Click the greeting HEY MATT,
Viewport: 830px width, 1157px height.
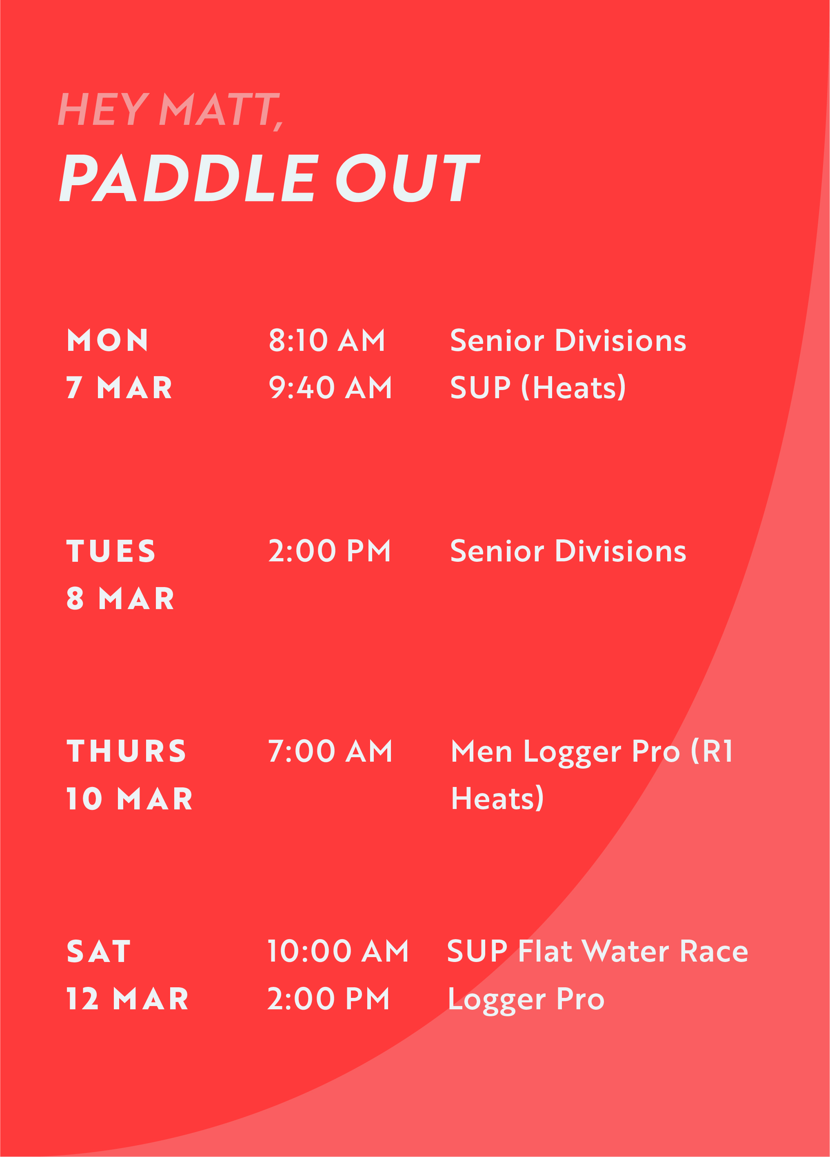171,110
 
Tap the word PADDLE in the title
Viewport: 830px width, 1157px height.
189,177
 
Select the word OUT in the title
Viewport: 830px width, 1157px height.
408,177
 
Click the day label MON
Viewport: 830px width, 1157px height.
108,340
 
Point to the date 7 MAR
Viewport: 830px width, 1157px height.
120,388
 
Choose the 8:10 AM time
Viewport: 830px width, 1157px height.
327,340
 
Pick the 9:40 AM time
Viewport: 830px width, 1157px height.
331,388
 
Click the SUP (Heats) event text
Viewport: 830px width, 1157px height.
538,388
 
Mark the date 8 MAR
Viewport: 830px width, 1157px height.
120,599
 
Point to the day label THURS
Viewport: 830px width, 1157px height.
126,751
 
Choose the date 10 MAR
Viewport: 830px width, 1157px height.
130,799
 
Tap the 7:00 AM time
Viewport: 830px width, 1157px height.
331,751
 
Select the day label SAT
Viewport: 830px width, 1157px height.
99,952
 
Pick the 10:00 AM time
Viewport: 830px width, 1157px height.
338,952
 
